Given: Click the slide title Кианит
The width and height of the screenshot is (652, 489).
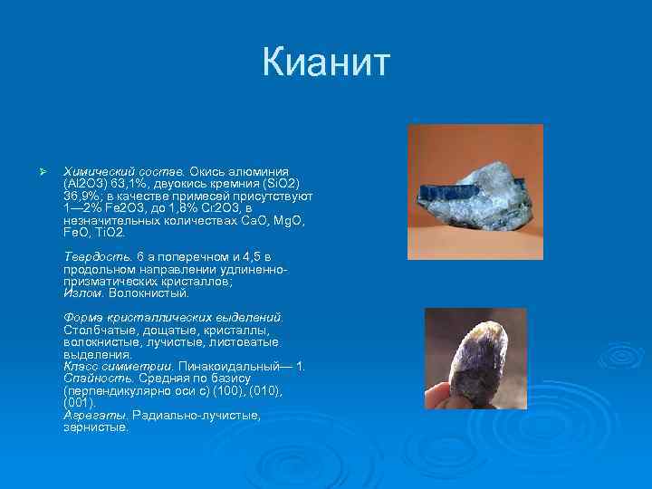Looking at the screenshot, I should (326, 64).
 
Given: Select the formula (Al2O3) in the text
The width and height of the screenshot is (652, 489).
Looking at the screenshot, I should (87, 183).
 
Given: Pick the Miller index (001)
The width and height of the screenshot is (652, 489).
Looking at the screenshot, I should (80, 403).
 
